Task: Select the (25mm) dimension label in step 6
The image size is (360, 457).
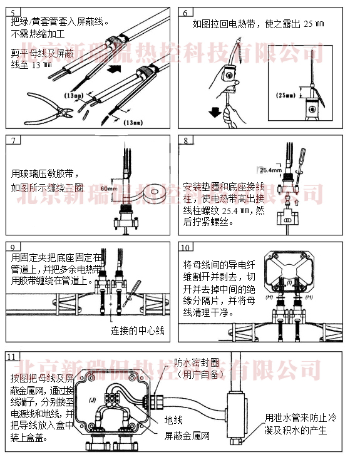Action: pyautogui.click(x=287, y=95)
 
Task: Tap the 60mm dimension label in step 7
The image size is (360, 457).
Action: pyautogui.click(x=107, y=187)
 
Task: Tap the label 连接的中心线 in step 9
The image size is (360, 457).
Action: pyautogui.click(x=137, y=330)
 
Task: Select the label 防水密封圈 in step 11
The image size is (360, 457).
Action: pyautogui.click(x=197, y=362)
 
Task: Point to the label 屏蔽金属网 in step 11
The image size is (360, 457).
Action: pyautogui.click(x=187, y=434)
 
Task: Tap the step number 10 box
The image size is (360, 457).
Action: pyautogui.click(x=187, y=247)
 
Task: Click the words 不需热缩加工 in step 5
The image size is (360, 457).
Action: pyautogui.click(x=41, y=32)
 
